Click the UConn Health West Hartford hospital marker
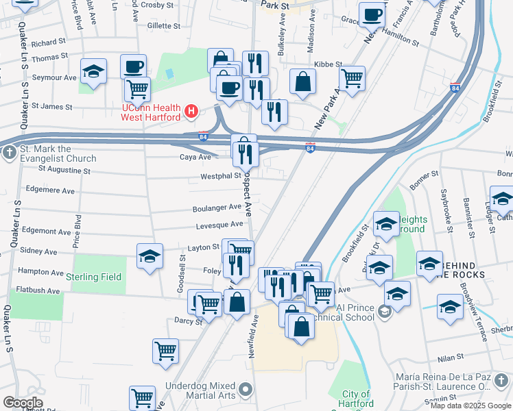click(x=192, y=110)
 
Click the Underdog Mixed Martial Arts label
click(x=199, y=391)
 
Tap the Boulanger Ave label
click(x=217, y=206)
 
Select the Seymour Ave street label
click(x=54, y=77)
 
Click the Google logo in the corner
click(x=22, y=403)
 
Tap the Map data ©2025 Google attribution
click(x=470, y=406)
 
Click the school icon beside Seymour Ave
click(x=93, y=71)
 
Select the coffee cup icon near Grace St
click(x=372, y=14)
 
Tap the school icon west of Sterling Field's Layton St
click(x=150, y=256)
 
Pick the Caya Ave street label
click(x=195, y=157)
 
